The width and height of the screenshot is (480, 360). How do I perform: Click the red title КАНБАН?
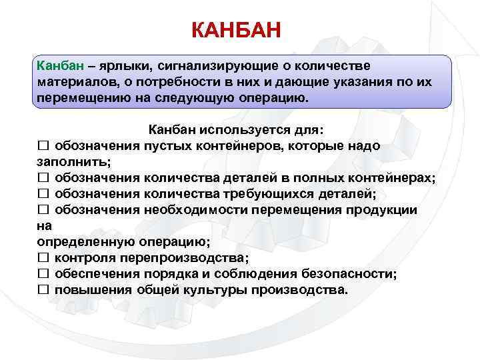(237, 31)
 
